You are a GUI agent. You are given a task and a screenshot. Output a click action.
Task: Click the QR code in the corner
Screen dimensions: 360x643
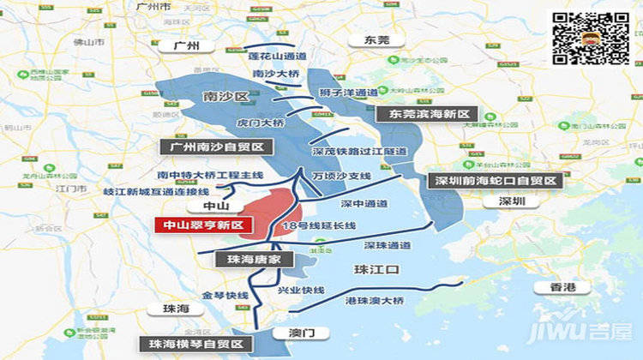(591, 38)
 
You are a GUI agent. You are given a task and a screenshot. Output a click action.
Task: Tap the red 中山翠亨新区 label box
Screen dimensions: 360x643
(199, 225)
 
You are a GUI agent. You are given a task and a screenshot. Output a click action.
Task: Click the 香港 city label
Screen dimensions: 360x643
(562, 286)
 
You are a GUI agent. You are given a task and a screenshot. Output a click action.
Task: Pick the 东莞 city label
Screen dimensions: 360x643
(376, 40)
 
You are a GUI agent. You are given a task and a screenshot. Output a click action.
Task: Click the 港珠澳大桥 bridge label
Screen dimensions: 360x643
(374, 301)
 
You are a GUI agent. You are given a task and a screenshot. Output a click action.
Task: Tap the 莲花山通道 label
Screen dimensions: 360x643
(278, 56)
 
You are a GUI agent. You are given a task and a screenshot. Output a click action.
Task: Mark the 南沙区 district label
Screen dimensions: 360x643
(225, 96)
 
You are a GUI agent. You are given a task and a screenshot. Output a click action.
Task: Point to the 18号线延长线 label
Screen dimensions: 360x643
(318, 225)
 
